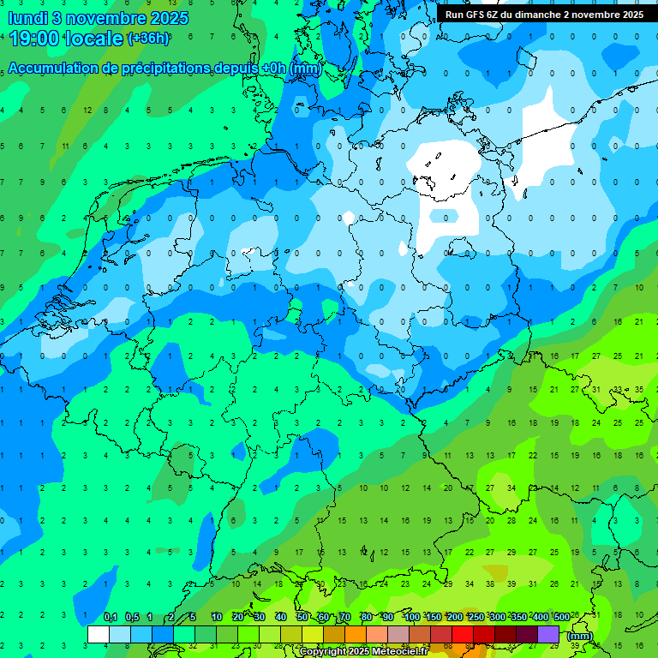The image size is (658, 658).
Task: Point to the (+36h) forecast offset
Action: [147, 39]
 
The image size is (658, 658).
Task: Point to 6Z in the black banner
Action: [493, 15]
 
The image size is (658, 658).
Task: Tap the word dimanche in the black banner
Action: [539, 15]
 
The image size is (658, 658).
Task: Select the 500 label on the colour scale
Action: [561, 618]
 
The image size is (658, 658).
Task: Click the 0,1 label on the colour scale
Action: [111, 618]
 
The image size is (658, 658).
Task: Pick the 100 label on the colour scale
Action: [411, 618]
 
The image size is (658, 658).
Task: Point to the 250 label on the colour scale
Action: [476, 618]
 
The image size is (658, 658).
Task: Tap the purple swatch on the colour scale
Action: [548, 634]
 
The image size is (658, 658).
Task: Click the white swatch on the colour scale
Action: [99, 634]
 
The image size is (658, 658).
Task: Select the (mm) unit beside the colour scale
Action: [580, 636]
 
